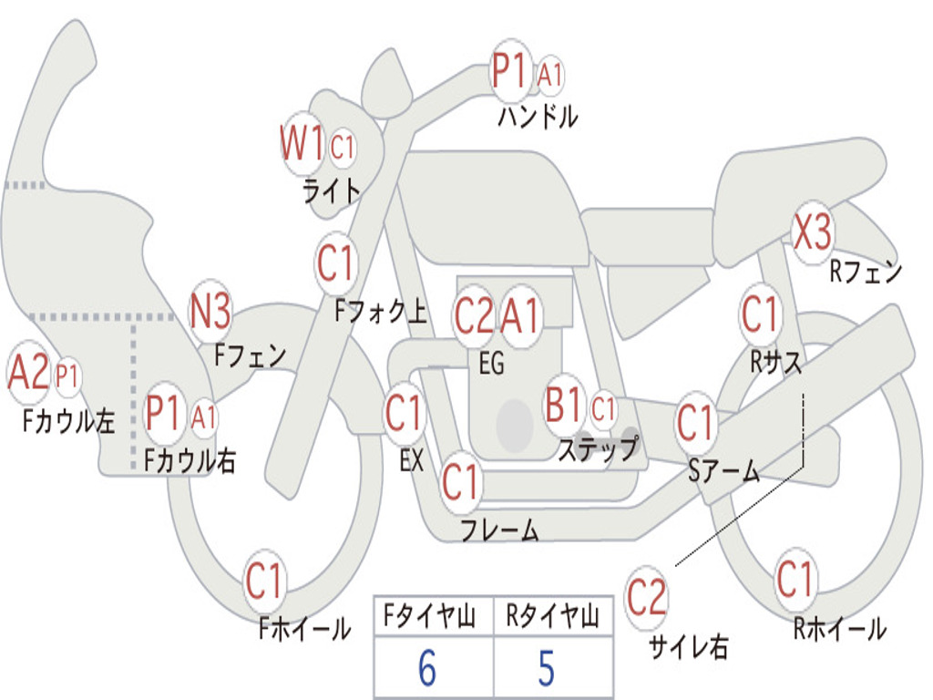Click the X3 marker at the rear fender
[x=813, y=232]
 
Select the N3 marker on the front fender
[x=210, y=311]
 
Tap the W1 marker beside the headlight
[x=302, y=143]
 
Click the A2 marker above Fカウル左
[x=27, y=372]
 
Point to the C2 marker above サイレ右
[x=646, y=596]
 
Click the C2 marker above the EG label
[x=474, y=315]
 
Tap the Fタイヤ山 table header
[x=430, y=616]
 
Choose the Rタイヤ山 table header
[x=553, y=616]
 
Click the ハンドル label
[x=538, y=116]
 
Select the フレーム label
[x=500, y=529]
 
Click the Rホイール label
[x=840, y=629]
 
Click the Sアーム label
[x=724, y=471]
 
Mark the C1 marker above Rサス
[x=760, y=314]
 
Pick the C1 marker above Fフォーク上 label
[x=336, y=262]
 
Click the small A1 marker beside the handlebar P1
[x=549, y=75]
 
